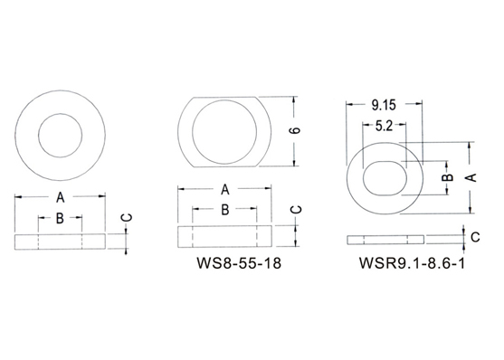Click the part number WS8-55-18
(x=239, y=263)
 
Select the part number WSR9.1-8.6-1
(x=412, y=263)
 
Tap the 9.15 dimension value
(x=384, y=105)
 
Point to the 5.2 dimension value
(x=384, y=126)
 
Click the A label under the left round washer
(x=61, y=197)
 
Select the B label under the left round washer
(x=60, y=219)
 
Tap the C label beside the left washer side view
(x=127, y=218)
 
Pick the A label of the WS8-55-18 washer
(x=225, y=190)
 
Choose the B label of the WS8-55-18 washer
(x=225, y=210)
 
